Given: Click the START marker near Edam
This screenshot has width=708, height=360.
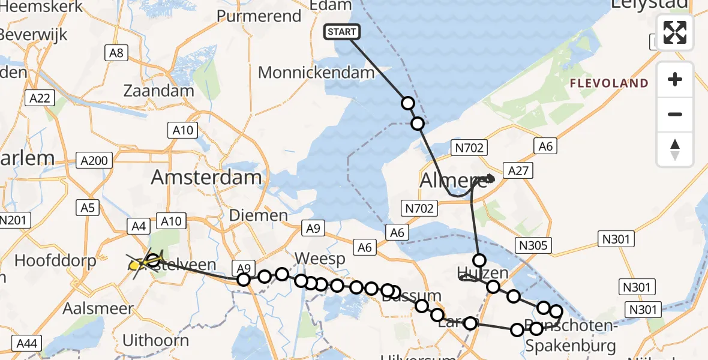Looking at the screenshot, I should click(342, 32).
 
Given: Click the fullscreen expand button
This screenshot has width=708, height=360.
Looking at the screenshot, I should click(675, 32).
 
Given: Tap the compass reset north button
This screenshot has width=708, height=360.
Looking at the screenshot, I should click(675, 149).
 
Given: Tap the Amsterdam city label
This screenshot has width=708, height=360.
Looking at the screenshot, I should click(206, 177).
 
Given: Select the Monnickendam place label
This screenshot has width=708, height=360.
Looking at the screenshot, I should click(316, 73).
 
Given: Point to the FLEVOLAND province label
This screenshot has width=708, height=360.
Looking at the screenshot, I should click(609, 83).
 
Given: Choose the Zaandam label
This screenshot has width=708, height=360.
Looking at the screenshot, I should click(158, 91).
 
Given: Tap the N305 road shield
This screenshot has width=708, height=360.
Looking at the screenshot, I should click(533, 244).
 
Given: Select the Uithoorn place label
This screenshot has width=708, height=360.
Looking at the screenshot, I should click(155, 340).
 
